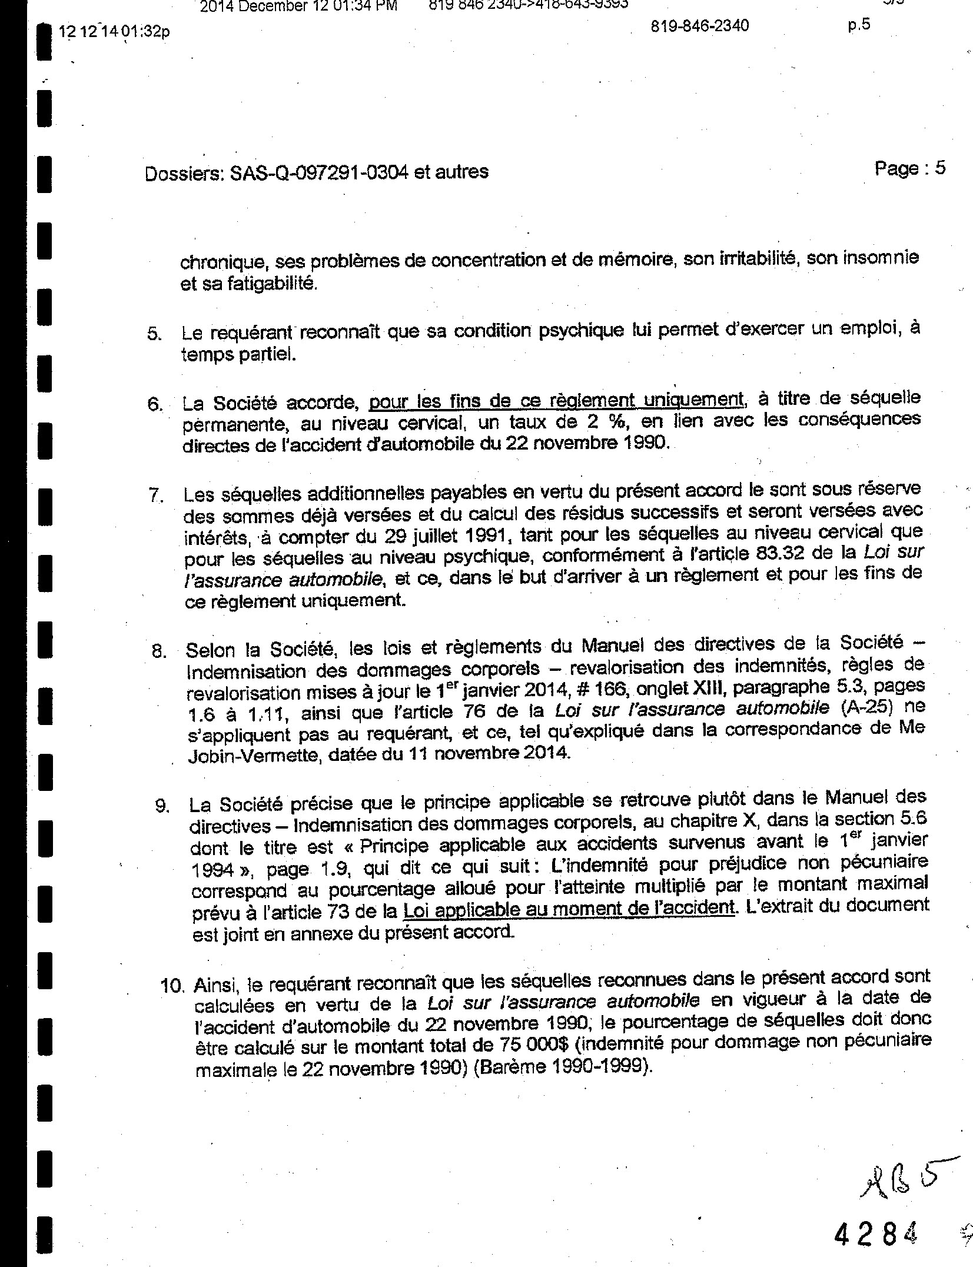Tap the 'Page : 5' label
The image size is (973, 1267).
click(x=909, y=169)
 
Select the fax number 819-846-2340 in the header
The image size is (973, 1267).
click(x=700, y=26)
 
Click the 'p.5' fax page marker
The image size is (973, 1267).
click(x=859, y=25)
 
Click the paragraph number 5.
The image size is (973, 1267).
click(x=154, y=334)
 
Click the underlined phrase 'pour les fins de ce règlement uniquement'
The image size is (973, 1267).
click(x=556, y=401)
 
